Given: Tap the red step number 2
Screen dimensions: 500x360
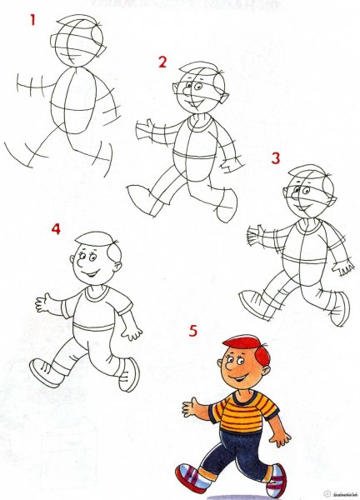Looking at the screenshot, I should tap(162, 62).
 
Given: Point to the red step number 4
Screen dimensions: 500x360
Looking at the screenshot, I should tap(56, 227).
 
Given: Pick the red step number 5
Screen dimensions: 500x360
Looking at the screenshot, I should tap(193, 332).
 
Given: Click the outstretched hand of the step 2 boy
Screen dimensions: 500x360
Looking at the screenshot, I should tap(145, 127).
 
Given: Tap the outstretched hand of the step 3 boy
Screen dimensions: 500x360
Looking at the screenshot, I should tap(254, 236).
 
